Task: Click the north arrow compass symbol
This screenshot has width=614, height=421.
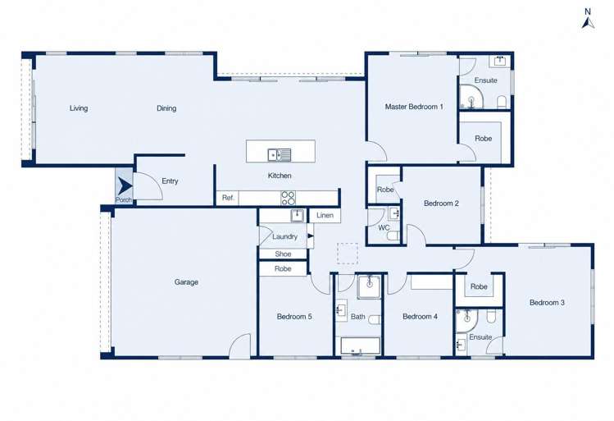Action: click(588, 19)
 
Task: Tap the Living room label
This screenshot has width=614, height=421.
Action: click(79, 108)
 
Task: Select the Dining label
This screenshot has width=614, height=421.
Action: click(166, 108)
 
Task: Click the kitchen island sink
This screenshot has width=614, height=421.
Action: click(280, 155)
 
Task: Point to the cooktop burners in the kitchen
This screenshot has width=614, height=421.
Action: click(289, 198)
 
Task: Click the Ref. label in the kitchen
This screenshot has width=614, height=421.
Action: click(228, 198)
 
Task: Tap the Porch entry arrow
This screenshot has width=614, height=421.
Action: click(125, 186)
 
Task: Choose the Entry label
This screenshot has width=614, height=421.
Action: click(170, 181)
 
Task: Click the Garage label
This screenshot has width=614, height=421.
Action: click(186, 282)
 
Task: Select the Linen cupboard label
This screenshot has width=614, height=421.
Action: click(325, 215)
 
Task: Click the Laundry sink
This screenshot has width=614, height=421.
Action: click(298, 215)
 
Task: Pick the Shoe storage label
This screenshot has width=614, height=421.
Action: click(283, 254)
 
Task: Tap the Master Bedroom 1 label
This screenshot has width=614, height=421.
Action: click(414, 107)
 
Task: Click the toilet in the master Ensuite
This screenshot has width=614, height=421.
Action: click(502, 102)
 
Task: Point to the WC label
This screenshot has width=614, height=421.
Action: click(384, 228)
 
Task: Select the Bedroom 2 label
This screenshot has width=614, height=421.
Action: click(441, 204)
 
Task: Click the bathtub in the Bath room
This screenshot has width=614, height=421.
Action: click(360, 345)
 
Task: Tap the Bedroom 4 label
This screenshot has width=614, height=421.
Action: click(421, 316)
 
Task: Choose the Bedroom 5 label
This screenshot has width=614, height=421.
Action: click(294, 316)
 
